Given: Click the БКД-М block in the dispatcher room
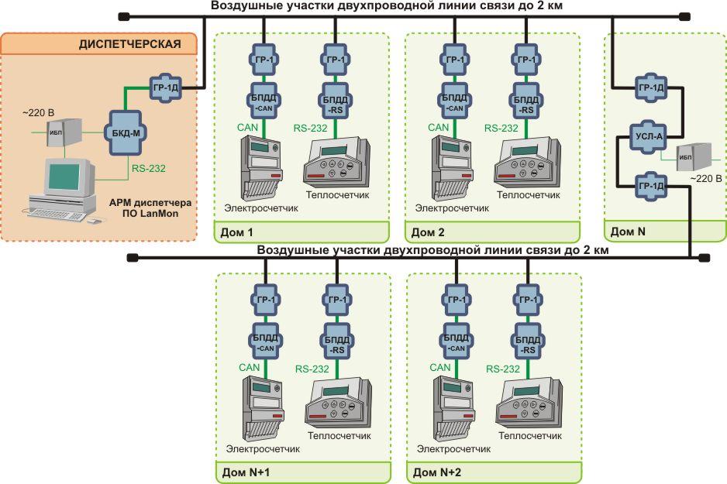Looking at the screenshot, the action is point(126,133).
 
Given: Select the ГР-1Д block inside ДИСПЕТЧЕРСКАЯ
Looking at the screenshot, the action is point(166,88).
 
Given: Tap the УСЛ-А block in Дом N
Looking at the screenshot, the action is point(649,136).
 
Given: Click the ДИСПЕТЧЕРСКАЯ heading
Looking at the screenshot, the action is point(130,44).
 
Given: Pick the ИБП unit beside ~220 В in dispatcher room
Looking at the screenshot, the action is point(64,133).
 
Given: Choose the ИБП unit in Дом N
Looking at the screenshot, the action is point(693,157).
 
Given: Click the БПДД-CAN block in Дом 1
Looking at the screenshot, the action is point(264,103).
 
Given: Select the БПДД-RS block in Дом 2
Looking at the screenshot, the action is point(525,104).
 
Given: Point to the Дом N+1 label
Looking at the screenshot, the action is point(246,472).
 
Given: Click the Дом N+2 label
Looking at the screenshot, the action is point(437,472).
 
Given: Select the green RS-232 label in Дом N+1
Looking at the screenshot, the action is point(312,369).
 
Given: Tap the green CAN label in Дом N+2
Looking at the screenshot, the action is point(440,368).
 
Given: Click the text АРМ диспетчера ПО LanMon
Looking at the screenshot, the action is point(150,208).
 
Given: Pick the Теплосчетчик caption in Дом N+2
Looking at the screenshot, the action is point(530,436).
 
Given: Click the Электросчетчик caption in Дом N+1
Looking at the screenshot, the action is point(263,449).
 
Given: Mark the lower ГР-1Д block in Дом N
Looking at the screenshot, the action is point(651,186).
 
